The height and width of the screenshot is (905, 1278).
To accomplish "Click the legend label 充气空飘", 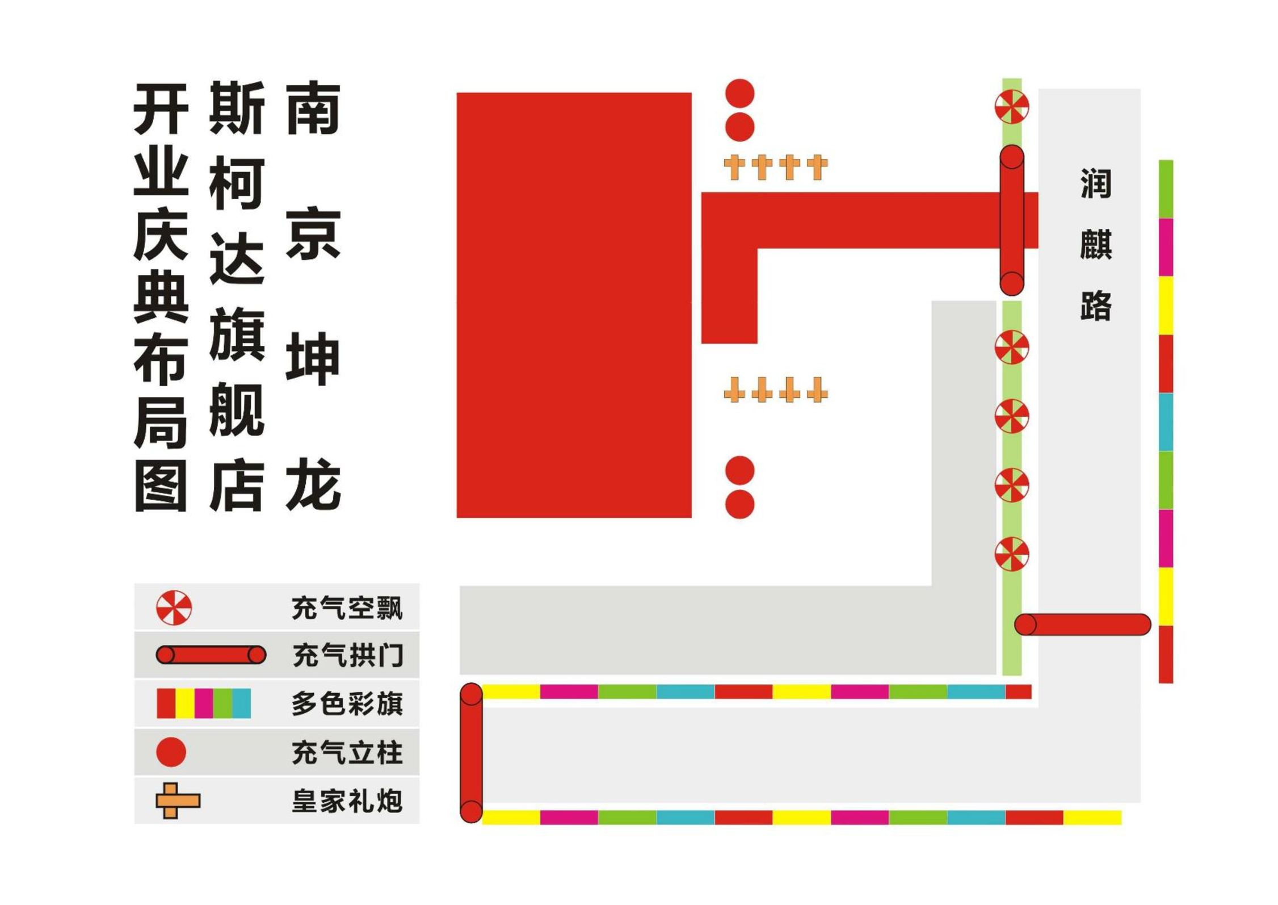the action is pos(347,608).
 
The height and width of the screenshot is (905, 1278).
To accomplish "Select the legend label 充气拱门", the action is pos(348,655).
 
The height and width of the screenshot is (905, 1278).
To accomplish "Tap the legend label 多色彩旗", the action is pos(347,703).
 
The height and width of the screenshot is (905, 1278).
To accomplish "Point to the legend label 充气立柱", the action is pos(347,753).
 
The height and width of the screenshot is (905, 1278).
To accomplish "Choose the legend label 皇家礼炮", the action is pos(347,801).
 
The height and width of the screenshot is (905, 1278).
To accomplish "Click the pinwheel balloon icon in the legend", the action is pos(174,608).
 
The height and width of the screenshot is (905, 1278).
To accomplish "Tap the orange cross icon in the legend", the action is pos(178,801).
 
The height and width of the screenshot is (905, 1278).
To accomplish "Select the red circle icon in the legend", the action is pos(171,752).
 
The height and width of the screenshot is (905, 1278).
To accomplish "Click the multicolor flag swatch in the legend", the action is pos(204,703).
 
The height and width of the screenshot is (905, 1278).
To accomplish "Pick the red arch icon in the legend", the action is pos(211,655).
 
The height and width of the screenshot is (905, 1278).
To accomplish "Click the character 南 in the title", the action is pos(313,107).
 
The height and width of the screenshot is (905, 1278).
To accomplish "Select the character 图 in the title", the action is pos(161,485).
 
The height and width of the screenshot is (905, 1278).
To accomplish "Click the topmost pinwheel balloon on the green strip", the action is pos(1012,107).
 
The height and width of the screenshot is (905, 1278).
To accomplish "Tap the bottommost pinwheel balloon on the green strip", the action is pos(1012,554).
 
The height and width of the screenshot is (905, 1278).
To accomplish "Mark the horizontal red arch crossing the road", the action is pos(1082,625).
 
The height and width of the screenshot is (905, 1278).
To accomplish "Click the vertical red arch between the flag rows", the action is pos(471,753).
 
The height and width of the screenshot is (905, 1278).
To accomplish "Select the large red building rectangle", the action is pos(574,305).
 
